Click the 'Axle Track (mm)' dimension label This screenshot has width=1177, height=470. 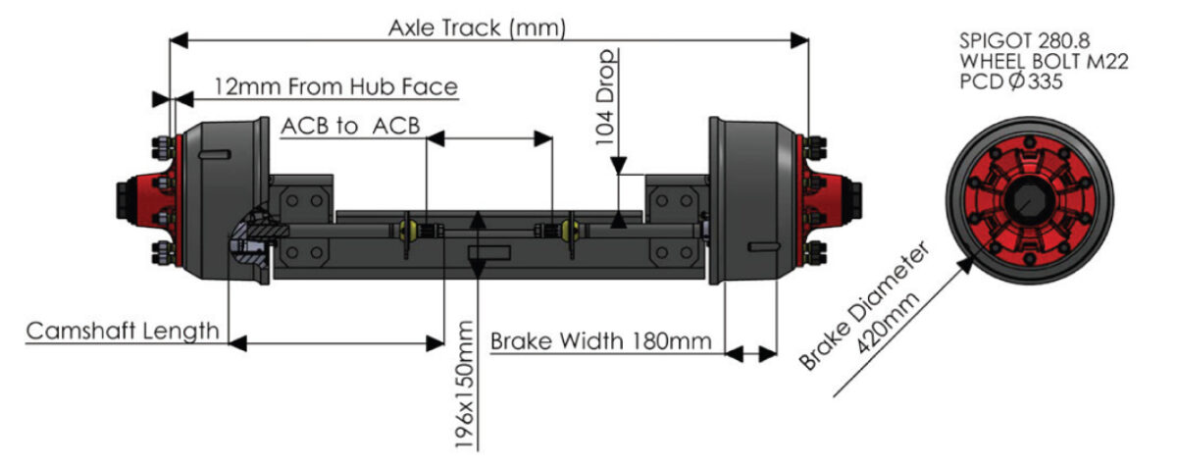click(x=477, y=28)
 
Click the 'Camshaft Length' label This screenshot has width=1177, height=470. click(x=123, y=331)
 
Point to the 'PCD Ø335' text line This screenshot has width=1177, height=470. click(x=1010, y=82)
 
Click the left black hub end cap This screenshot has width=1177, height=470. click(x=129, y=202)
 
